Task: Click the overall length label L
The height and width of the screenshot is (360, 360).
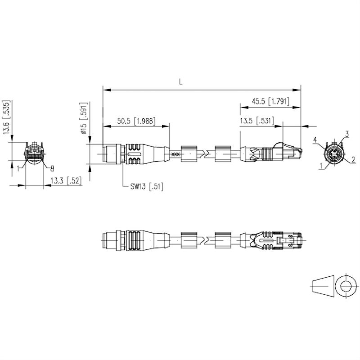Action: pyautogui.click(x=180, y=82)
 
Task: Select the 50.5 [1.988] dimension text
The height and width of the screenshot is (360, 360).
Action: pyautogui.click(x=136, y=121)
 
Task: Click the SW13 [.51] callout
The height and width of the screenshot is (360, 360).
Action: pyautogui.click(x=147, y=186)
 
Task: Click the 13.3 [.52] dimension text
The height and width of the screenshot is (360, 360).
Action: pyautogui.click(x=66, y=181)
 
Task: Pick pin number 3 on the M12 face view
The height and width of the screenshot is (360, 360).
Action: pyautogui.click(x=347, y=134)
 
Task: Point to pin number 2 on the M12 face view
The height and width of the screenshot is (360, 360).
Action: pyautogui.click(x=353, y=159)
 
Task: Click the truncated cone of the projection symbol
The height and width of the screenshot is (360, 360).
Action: pyautogui.click(x=323, y=285)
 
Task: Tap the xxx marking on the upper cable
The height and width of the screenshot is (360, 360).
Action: pyautogui.click(x=176, y=154)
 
